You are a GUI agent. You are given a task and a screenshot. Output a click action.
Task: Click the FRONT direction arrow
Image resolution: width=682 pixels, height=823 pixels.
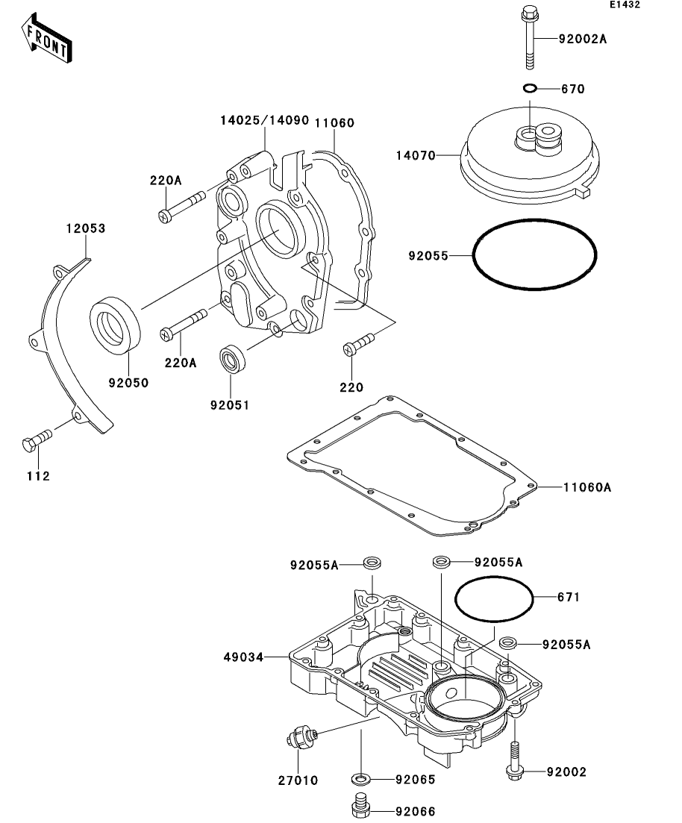[47, 38]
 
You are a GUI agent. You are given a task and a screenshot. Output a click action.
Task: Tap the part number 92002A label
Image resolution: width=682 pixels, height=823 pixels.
[582, 39]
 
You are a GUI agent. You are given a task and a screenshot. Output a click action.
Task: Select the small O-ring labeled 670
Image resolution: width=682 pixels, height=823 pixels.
[531, 87]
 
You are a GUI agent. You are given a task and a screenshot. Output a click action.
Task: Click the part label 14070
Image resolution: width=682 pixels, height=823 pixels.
[416, 155]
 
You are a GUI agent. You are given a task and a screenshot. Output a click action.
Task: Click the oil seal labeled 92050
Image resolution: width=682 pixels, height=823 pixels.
[115, 324]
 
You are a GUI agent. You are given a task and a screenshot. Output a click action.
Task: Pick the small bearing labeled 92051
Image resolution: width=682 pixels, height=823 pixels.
[231, 359]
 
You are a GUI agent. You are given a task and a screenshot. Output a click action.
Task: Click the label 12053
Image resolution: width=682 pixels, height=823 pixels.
[86, 228]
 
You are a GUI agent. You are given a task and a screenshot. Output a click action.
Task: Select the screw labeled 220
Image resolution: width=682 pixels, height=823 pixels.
[358, 343]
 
